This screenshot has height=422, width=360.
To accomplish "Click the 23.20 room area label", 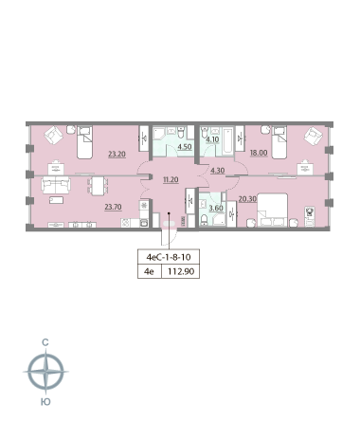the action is (117, 155).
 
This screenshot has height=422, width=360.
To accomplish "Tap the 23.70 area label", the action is (113, 207).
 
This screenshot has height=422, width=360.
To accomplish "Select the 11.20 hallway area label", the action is (171, 180).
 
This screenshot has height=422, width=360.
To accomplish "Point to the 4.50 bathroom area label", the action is (185, 147).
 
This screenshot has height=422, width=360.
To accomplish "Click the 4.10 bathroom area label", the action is (212, 139).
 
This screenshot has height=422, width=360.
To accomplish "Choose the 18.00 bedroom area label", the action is (259, 153).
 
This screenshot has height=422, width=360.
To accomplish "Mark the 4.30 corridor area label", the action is (218, 171).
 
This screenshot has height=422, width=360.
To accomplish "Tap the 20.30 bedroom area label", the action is (247, 199).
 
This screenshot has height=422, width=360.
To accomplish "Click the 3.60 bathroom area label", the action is (216, 209).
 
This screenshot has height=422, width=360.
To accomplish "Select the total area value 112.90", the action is (181, 271).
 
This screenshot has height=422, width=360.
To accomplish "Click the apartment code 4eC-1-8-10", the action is (169, 257).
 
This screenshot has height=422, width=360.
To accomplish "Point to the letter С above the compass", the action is (45, 342).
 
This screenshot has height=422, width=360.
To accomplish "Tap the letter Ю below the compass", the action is (45, 402).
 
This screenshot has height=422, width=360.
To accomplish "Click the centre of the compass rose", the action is (46, 372).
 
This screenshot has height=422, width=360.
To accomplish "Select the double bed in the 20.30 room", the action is (273, 210).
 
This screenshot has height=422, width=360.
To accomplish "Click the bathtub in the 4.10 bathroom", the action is (227, 141).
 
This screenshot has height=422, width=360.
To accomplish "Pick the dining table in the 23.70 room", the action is (98, 185).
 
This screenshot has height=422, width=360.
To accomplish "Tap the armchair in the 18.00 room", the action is (313, 137).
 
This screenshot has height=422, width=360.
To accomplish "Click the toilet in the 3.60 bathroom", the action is (205, 220).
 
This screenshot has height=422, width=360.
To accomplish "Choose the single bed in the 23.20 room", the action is (84, 142).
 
